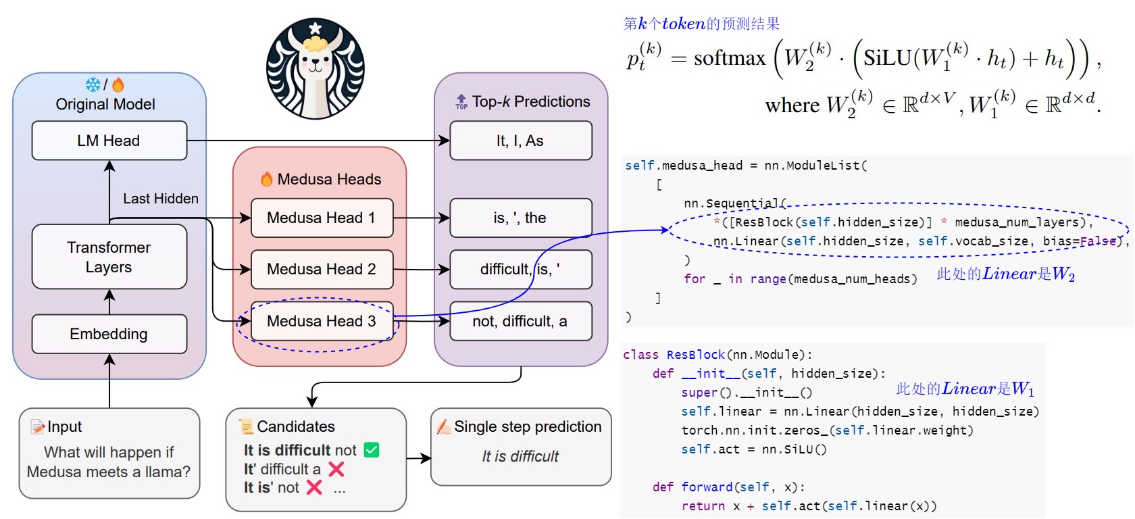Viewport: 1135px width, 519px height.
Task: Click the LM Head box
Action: point(109,141)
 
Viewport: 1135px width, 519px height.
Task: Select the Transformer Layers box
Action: point(109,257)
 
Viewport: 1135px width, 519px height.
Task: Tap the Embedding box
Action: point(109,334)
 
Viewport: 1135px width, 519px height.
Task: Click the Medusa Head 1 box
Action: point(322,218)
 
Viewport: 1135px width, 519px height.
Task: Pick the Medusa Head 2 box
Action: point(322,269)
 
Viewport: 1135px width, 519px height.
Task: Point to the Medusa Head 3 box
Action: point(322,322)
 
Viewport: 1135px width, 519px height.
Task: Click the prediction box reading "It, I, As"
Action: point(520,141)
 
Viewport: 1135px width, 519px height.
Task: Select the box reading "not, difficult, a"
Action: point(520,322)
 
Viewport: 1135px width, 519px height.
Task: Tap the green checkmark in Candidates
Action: point(372,449)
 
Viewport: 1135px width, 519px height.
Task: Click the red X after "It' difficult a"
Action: point(336,469)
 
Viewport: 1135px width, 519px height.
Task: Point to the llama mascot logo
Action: point(315,68)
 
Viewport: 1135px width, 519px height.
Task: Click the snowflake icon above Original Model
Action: point(93,84)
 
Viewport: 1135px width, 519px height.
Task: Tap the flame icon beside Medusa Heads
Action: point(266,179)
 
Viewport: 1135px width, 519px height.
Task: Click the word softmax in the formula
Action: point(729,58)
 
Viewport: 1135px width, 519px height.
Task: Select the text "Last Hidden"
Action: point(161,199)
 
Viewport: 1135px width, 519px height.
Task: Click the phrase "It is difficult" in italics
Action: point(520,456)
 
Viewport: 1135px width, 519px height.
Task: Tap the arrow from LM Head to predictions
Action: point(318,141)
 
